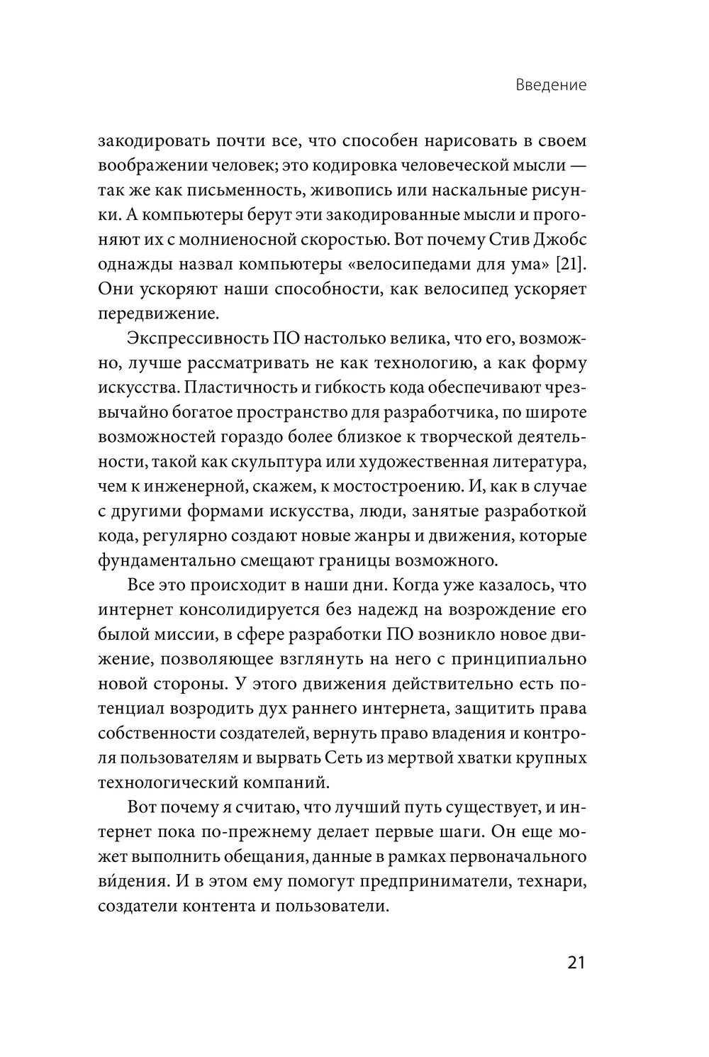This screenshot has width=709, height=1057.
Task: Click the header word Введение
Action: point(552,85)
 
